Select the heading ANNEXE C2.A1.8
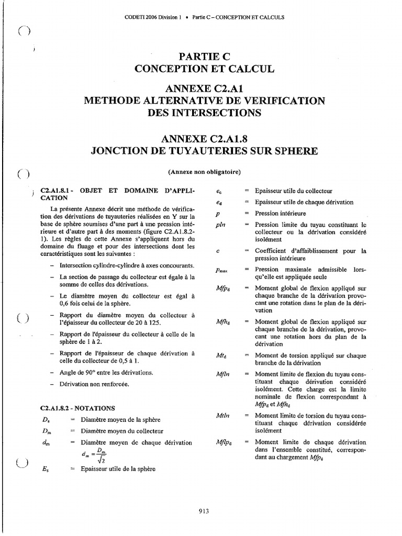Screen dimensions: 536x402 tap(204, 139)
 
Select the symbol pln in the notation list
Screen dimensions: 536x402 tap(220, 224)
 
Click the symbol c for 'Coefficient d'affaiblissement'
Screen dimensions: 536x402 tap(217, 251)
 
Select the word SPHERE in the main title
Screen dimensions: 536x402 tap(291, 151)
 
